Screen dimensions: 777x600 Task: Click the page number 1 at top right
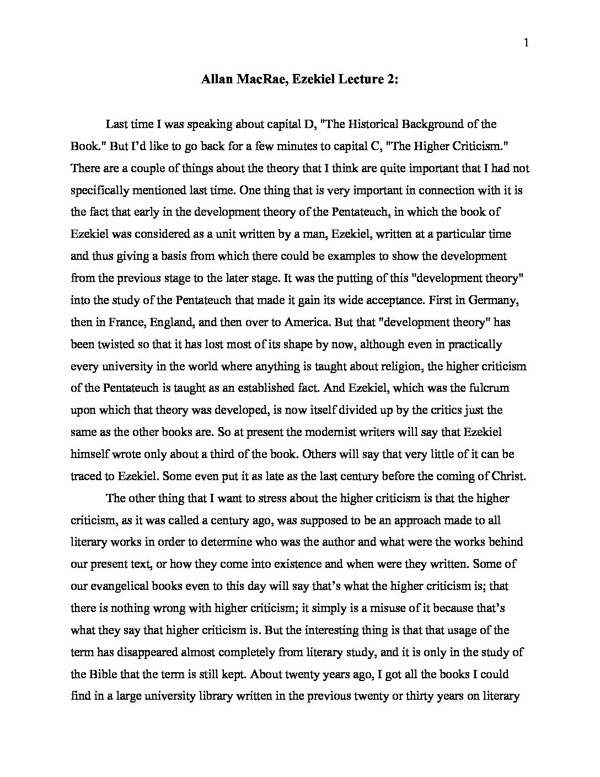click(x=526, y=43)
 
